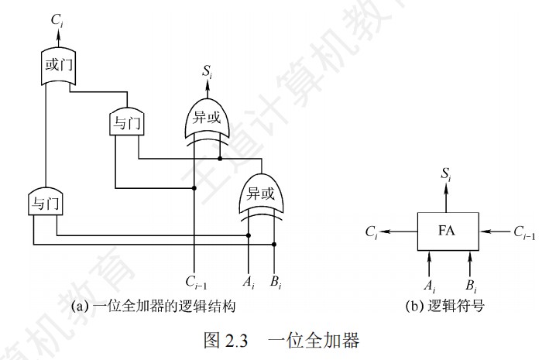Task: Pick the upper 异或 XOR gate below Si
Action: [206, 117]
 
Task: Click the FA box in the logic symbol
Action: [448, 231]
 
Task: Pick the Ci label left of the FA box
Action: [372, 231]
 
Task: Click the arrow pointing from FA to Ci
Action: [400, 231]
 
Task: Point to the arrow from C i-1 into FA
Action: [494, 231]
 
